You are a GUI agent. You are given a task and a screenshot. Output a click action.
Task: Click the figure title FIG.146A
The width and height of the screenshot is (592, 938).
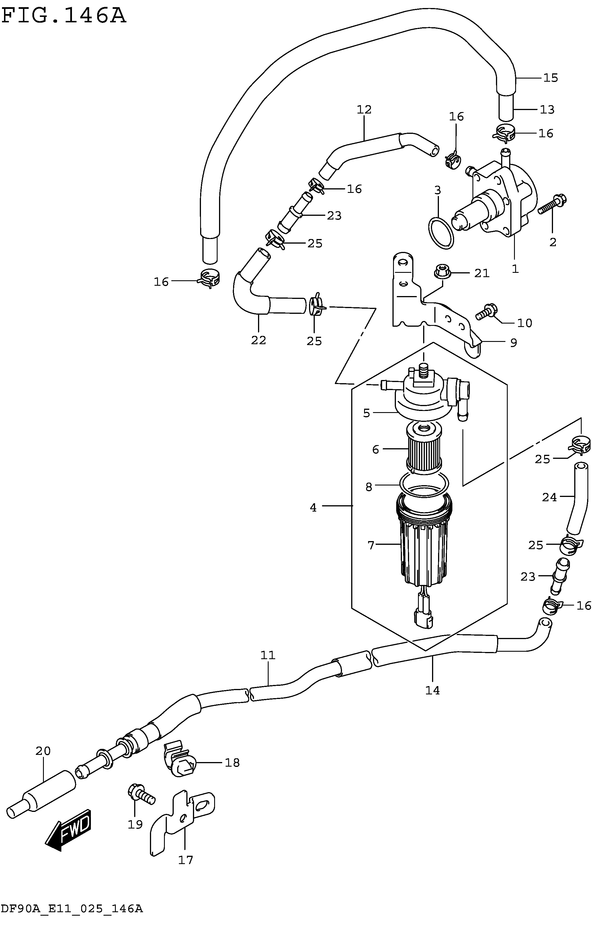click(x=64, y=16)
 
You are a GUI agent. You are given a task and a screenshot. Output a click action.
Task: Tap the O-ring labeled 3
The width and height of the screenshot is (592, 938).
click(x=441, y=233)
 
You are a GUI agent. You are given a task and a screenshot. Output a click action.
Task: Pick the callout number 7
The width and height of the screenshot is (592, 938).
click(x=371, y=545)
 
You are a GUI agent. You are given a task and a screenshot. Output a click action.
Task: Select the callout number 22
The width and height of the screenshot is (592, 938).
click(x=258, y=340)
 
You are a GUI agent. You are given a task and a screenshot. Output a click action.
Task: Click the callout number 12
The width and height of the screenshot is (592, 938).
click(x=364, y=109)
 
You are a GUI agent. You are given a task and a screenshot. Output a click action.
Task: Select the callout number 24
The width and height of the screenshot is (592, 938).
click(x=550, y=497)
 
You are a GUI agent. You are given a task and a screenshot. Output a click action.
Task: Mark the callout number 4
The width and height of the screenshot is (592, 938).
click(x=313, y=508)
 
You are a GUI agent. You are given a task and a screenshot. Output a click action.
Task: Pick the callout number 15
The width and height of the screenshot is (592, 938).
click(x=551, y=78)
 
